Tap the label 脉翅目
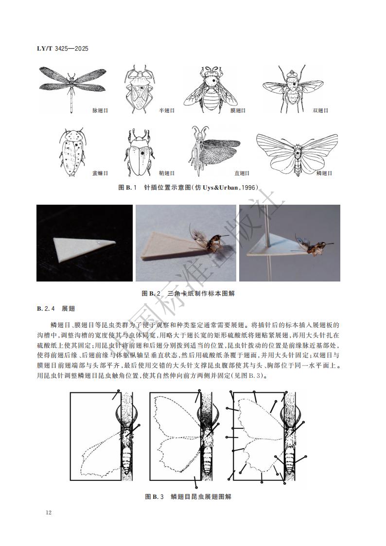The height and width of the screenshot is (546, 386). pyautogui.click(x=100, y=111)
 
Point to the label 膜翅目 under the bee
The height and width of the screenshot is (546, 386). pyautogui.click(x=238, y=111)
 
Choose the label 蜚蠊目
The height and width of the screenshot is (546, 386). pyautogui.click(x=100, y=173)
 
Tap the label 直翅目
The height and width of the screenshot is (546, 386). pyautogui.click(x=242, y=173)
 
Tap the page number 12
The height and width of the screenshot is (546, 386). pyautogui.click(x=48, y=512)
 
